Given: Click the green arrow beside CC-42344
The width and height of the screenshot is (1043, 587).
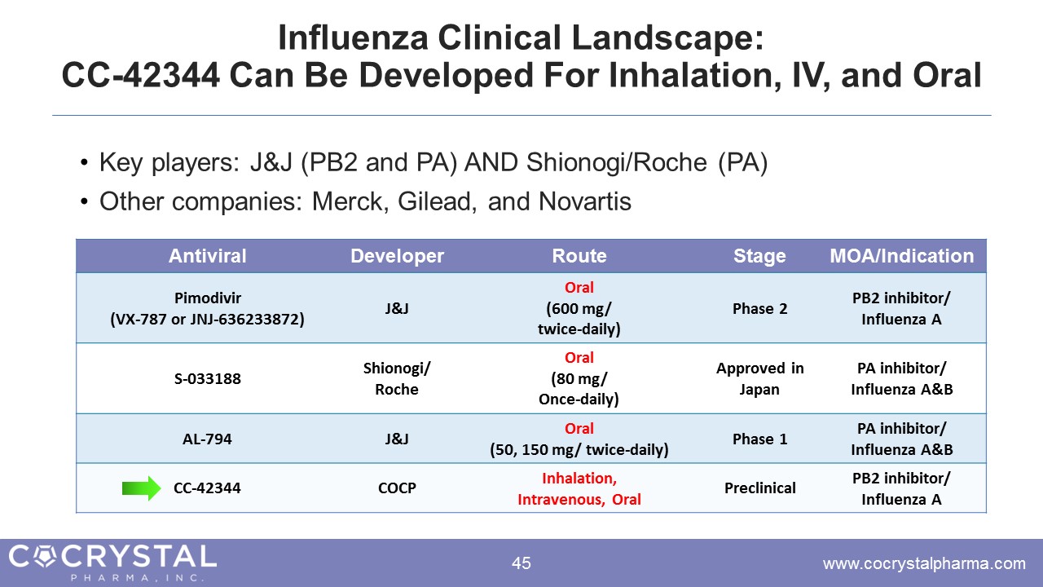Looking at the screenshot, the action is (x=142, y=488).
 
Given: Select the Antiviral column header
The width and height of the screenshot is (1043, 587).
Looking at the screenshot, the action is (x=207, y=256).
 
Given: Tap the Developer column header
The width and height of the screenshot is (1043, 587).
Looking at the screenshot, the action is (x=397, y=256).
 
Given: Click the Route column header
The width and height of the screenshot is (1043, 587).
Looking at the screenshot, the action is (x=579, y=256).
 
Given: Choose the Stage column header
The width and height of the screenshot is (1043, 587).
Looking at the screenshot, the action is (x=759, y=256).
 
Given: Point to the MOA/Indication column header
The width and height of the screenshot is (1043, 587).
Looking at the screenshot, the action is (x=901, y=256).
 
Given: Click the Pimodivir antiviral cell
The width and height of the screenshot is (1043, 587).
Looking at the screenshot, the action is (x=207, y=308).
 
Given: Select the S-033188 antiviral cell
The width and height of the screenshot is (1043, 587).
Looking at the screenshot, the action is (x=207, y=378).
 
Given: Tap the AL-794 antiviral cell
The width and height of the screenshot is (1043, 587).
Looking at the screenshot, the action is (x=207, y=439).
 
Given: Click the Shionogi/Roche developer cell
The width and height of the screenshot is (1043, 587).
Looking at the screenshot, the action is (x=397, y=378).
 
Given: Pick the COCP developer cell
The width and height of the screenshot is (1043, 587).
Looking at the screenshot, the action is (x=397, y=488).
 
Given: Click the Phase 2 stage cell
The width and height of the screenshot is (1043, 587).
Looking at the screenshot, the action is (x=759, y=308).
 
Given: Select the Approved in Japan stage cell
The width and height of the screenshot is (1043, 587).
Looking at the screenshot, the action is (x=759, y=378).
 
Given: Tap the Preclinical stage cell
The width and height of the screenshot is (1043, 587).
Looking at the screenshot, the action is (x=759, y=488).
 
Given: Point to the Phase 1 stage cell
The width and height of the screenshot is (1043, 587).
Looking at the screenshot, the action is (x=759, y=439).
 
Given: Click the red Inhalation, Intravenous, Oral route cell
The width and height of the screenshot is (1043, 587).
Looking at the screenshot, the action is (x=579, y=488).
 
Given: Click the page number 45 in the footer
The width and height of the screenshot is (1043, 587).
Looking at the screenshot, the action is (x=521, y=563).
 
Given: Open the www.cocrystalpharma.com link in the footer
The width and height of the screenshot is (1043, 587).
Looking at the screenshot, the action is (x=924, y=563).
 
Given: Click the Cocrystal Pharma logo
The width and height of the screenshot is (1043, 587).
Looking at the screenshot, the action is (x=112, y=563).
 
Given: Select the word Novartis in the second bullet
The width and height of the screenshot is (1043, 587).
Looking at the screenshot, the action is (x=585, y=201).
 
